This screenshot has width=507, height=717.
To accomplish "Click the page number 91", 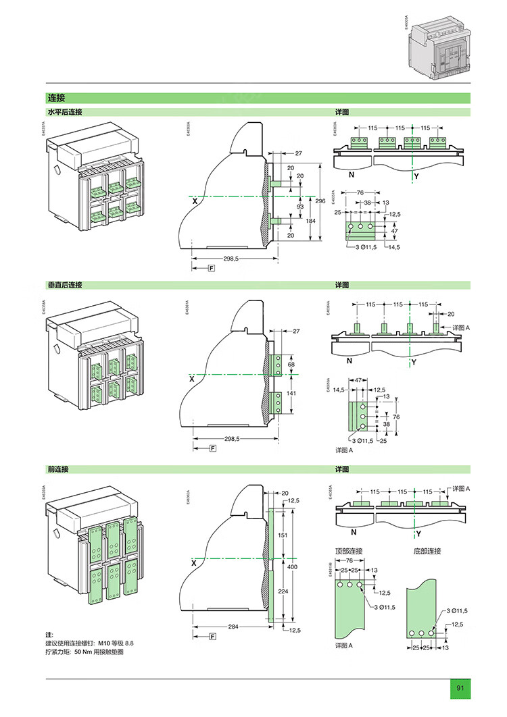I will coord(460,688).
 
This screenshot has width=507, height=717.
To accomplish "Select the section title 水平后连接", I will coord(64,112).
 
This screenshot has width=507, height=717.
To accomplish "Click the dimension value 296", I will coord(321,201).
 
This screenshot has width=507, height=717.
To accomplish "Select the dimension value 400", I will coord(292,567).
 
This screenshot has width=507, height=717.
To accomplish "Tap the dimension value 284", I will coord(233,627).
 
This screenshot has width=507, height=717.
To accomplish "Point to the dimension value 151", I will coord(283,535).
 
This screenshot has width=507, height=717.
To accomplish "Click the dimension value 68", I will coord(292,365).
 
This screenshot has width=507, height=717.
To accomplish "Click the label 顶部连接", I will coord(349,551).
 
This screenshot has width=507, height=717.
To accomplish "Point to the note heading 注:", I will coord(49,635).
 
